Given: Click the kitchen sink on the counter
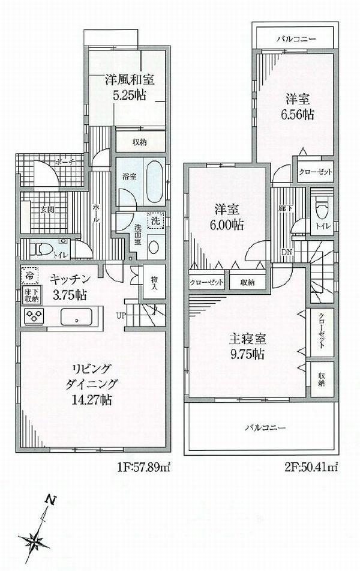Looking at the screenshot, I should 76,316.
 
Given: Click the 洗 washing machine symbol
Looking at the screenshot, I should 155,220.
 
